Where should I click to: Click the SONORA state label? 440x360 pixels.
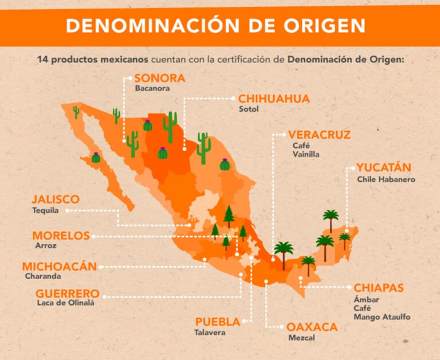[160, 79]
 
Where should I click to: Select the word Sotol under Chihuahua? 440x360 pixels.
[249, 109]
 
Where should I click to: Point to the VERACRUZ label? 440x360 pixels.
[320, 135]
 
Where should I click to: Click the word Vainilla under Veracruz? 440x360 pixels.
[306, 154]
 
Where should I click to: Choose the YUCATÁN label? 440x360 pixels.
[384, 168]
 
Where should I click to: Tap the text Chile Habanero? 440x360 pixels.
[386, 179]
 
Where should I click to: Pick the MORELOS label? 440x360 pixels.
[61, 236]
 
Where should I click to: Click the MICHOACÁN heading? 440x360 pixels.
[60, 267]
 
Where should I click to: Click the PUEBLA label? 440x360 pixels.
[218, 322]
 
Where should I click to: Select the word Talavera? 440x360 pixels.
[210, 332]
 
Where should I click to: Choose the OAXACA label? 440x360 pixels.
[312, 327]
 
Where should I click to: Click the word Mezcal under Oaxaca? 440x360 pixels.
[301, 338]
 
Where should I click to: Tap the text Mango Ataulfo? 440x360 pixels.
[382, 317]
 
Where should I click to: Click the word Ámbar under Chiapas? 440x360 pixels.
[366, 299]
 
